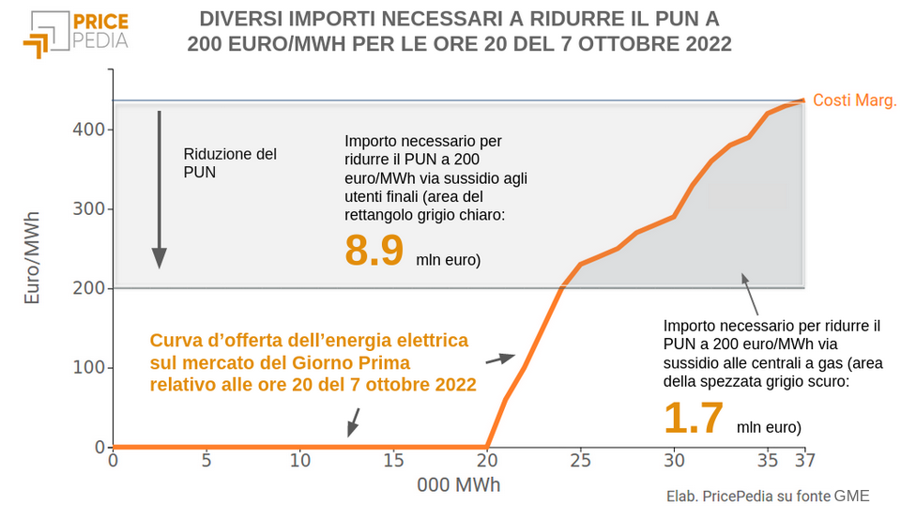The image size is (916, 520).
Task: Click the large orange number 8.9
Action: pos(374,252)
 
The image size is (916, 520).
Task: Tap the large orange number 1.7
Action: pos(694,418)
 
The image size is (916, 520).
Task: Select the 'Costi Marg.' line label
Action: pos(854,100)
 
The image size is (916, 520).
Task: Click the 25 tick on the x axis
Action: pos(581,461)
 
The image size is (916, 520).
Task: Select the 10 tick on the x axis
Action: pos(299,461)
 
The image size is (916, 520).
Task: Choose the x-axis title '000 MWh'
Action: pos(459,486)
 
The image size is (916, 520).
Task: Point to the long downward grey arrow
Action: pos(160,188)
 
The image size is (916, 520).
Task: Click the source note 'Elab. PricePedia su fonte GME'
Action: pos(767,497)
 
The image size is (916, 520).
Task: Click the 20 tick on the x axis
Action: pos(487,461)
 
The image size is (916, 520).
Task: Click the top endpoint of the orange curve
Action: pos(803,100)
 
